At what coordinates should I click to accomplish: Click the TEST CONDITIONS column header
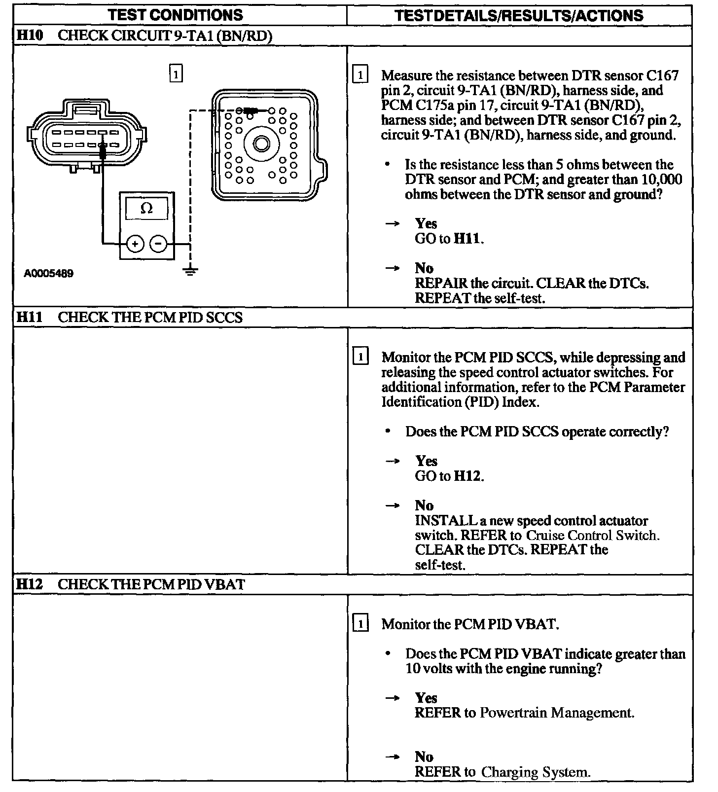pyautogui.click(x=176, y=15)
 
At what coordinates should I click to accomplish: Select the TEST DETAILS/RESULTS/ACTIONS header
pyautogui.click(x=519, y=15)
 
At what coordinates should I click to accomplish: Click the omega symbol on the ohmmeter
pyautogui.click(x=146, y=209)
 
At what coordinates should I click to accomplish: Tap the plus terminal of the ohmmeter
pyautogui.click(x=135, y=243)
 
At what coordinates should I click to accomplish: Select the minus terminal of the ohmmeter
pyautogui.click(x=158, y=243)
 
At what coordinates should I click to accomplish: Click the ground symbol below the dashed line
pyautogui.click(x=191, y=271)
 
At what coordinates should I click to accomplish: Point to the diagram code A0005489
pyautogui.click(x=49, y=274)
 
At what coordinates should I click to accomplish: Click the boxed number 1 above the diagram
pyautogui.click(x=176, y=74)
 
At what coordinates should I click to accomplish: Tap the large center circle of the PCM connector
pyautogui.click(x=261, y=144)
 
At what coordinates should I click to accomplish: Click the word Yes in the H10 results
pyautogui.click(x=426, y=224)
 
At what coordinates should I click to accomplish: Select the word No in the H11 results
pyautogui.click(x=424, y=505)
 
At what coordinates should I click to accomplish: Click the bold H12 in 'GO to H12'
pyautogui.click(x=467, y=476)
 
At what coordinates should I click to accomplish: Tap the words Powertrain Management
pyautogui.click(x=556, y=713)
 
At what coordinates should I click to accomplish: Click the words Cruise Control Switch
pyautogui.click(x=593, y=535)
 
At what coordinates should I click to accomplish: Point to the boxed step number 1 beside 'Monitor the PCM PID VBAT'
pyautogui.click(x=361, y=624)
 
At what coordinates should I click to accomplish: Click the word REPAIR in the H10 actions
pyautogui.click(x=441, y=284)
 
